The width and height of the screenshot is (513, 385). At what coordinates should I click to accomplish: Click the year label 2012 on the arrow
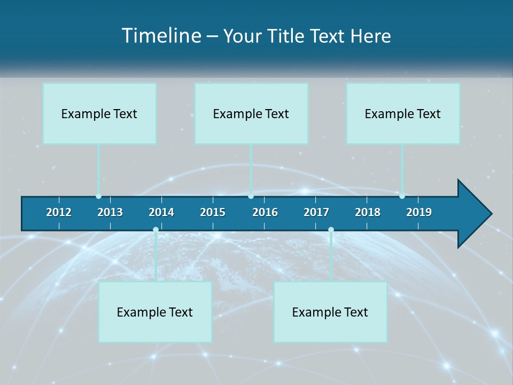coord(59,212)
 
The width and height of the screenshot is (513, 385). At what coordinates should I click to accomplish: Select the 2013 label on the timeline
coord(110,212)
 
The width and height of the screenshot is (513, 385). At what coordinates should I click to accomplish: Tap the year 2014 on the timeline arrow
coord(161,212)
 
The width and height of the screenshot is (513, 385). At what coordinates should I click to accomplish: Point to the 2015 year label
coord(213,212)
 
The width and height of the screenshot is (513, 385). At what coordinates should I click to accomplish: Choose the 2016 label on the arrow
coord(265,212)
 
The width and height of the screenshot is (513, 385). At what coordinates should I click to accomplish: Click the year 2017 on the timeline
coord(316,212)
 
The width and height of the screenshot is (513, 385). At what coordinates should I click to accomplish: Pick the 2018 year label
coord(368,212)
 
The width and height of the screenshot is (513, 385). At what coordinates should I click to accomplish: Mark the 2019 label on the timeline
coord(419,212)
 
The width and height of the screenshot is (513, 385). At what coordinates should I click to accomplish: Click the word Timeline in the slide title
coord(160,36)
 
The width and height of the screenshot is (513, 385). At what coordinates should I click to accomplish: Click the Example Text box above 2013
coord(99,113)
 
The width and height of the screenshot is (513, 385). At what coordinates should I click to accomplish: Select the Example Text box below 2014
coord(155,312)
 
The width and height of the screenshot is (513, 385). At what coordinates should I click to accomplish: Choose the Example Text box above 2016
coord(251,113)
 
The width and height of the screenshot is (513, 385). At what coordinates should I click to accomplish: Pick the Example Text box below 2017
coord(330,312)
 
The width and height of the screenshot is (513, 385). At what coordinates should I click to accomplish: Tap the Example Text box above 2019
coord(403,113)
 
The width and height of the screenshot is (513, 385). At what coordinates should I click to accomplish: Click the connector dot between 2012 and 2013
coord(98,196)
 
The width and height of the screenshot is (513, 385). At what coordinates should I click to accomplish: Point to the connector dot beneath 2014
coord(156,230)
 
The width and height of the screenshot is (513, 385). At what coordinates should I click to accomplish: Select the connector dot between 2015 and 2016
coord(251,196)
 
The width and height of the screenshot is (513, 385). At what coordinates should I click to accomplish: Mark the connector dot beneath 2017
coord(331,230)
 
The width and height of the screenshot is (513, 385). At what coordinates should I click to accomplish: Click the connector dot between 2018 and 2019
coord(402,196)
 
